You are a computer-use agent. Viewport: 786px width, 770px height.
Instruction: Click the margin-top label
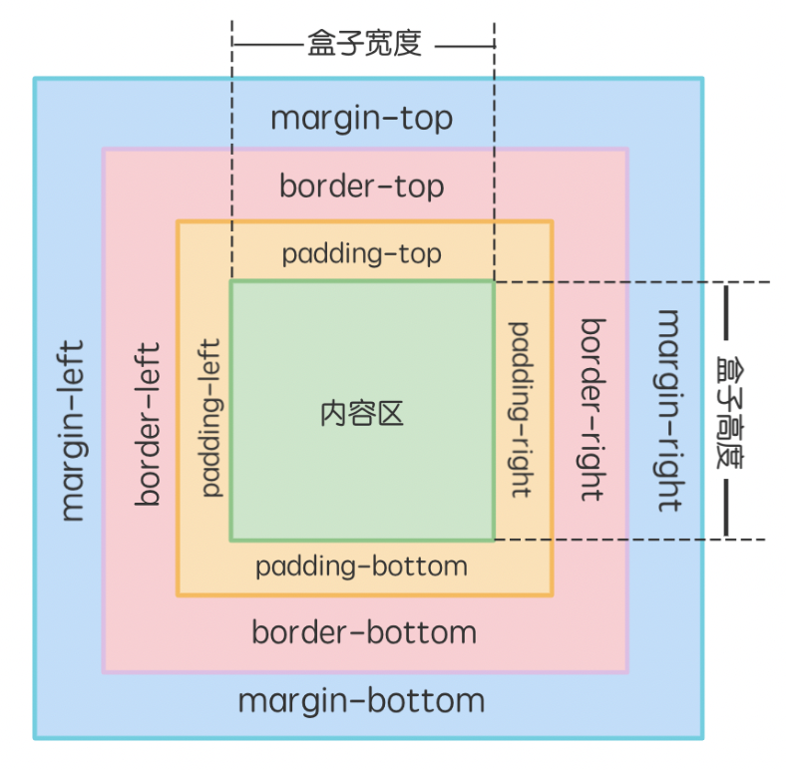pyautogui.click(x=361, y=119)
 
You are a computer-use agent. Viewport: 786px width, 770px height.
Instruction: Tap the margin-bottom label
pyautogui.click(x=361, y=700)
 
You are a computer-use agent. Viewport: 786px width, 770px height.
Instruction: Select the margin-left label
pyautogui.click(x=72, y=431)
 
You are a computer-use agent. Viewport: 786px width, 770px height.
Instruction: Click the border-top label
pyautogui.click(x=361, y=187)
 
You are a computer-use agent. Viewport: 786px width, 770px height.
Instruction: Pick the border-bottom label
pyautogui.click(x=364, y=632)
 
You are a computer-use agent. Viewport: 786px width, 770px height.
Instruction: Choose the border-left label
pyautogui.click(x=149, y=424)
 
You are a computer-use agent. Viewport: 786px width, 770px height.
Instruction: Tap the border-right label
pyautogui.click(x=593, y=409)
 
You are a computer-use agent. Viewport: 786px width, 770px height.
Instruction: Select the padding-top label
pyautogui.click(x=361, y=254)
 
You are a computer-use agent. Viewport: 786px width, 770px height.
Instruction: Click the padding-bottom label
pyautogui.click(x=361, y=567)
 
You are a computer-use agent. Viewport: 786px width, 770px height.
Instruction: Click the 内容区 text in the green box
pyautogui.click(x=362, y=413)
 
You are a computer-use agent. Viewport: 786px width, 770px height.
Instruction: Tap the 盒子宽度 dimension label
pyautogui.click(x=364, y=45)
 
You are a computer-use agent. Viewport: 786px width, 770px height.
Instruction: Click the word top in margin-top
pyautogui.click(x=426, y=120)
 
